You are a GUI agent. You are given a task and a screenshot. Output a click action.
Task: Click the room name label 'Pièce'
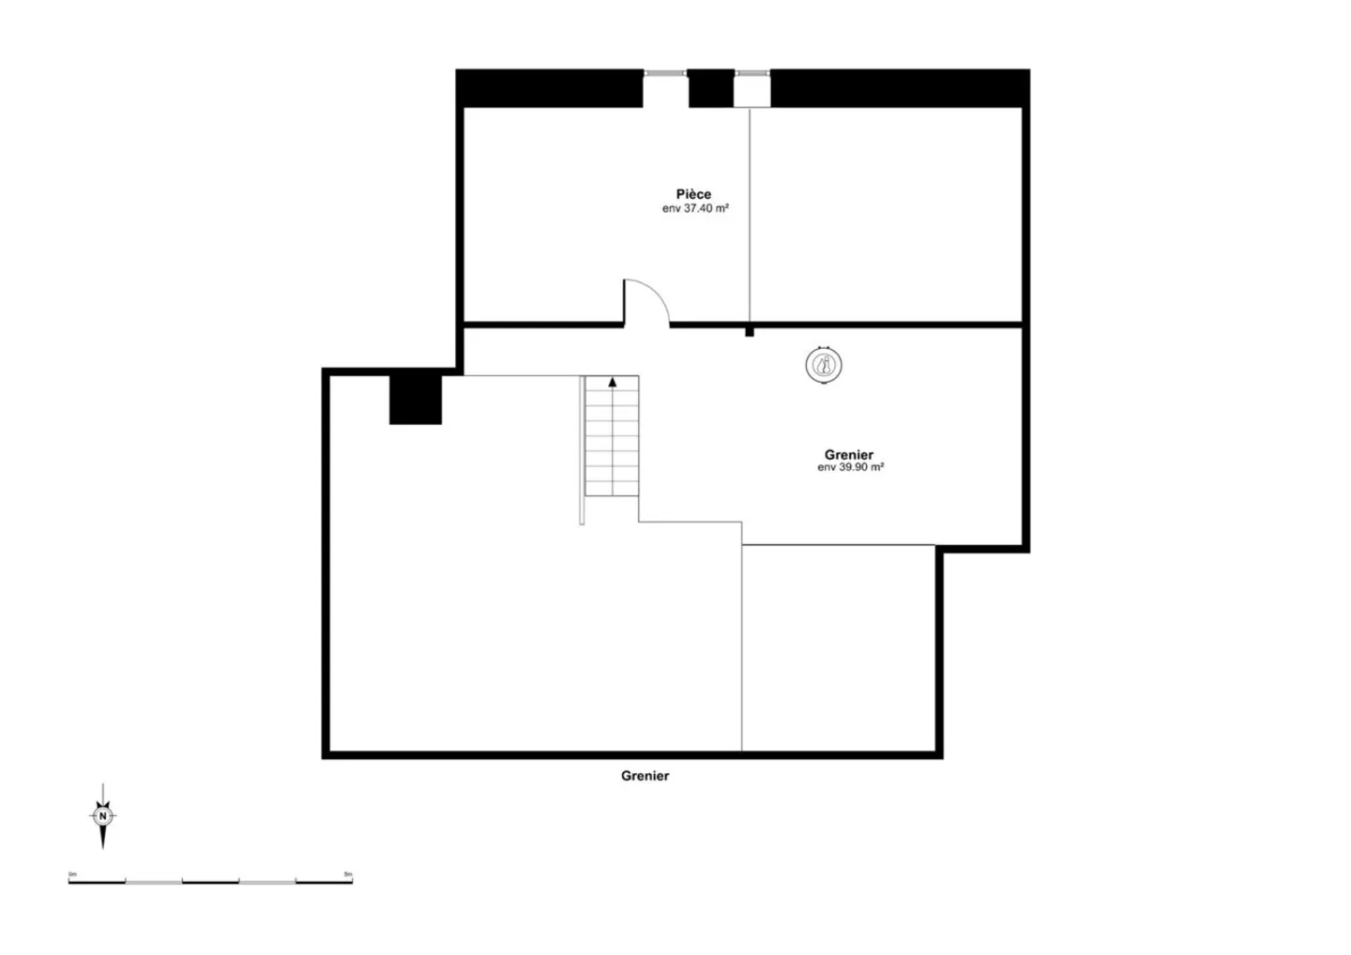(693, 194)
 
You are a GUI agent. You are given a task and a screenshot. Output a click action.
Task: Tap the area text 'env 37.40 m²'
(695, 209)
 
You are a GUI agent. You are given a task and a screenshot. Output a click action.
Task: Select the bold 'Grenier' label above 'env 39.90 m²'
(849, 455)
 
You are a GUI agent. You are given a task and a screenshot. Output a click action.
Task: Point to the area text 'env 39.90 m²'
(850, 467)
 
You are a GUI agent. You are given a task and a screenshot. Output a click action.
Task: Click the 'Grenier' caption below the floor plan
(645, 776)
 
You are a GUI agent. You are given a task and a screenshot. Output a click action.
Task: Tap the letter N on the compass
(103, 816)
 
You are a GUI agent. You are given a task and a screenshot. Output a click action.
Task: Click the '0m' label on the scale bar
(72, 874)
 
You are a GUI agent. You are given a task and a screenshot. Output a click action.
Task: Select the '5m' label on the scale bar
(348, 874)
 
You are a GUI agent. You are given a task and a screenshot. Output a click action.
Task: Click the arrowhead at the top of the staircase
(613, 382)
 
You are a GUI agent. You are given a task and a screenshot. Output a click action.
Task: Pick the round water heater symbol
(824, 365)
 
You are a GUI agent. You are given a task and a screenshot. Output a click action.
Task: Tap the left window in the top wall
(664, 73)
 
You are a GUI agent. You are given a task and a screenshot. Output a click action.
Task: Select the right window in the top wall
(751, 73)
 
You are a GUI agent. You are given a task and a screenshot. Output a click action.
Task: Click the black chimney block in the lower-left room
(416, 400)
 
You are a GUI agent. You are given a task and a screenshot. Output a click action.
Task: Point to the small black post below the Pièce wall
(749, 332)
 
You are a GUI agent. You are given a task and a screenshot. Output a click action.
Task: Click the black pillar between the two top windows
(710, 89)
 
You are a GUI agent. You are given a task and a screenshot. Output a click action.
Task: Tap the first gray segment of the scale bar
(154, 882)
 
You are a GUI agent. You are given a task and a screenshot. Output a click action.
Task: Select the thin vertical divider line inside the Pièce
(749, 216)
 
